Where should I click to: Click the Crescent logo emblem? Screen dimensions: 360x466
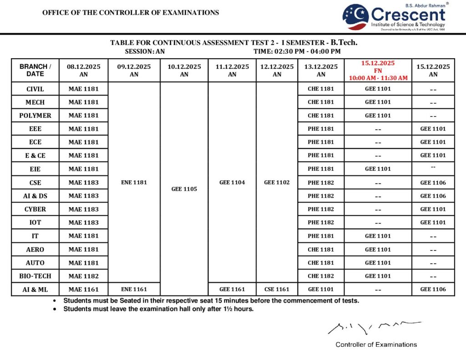pos(355,17)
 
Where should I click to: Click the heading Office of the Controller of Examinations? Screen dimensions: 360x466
pos(131,13)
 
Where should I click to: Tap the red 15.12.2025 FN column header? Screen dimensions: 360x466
pos(378,70)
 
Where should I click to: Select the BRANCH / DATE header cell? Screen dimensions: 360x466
pos(35,70)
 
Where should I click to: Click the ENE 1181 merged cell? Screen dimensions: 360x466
pos(134,182)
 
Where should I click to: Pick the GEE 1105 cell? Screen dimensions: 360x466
pos(184,188)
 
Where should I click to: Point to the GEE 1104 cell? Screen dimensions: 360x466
pos(232,182)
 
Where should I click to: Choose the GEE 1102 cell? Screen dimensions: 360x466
pos(277,182)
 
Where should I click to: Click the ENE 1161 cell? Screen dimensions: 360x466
pos(134,289)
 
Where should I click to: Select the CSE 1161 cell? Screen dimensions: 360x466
pos(277,289)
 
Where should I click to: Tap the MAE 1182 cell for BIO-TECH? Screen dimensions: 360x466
pos(83,276)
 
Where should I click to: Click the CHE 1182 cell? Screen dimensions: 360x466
pos(321,276)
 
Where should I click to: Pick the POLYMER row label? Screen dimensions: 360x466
pos(35,116)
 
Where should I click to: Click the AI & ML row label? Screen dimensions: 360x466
pos(35,289)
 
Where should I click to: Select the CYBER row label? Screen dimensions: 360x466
pos(35,209)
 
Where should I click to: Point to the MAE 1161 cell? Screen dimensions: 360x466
pos(83,289)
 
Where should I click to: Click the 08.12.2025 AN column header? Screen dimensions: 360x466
pos(83,70)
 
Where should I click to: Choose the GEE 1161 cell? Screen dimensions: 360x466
pos(232,289)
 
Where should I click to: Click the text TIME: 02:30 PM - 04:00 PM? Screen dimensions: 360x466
pos(297,51)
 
